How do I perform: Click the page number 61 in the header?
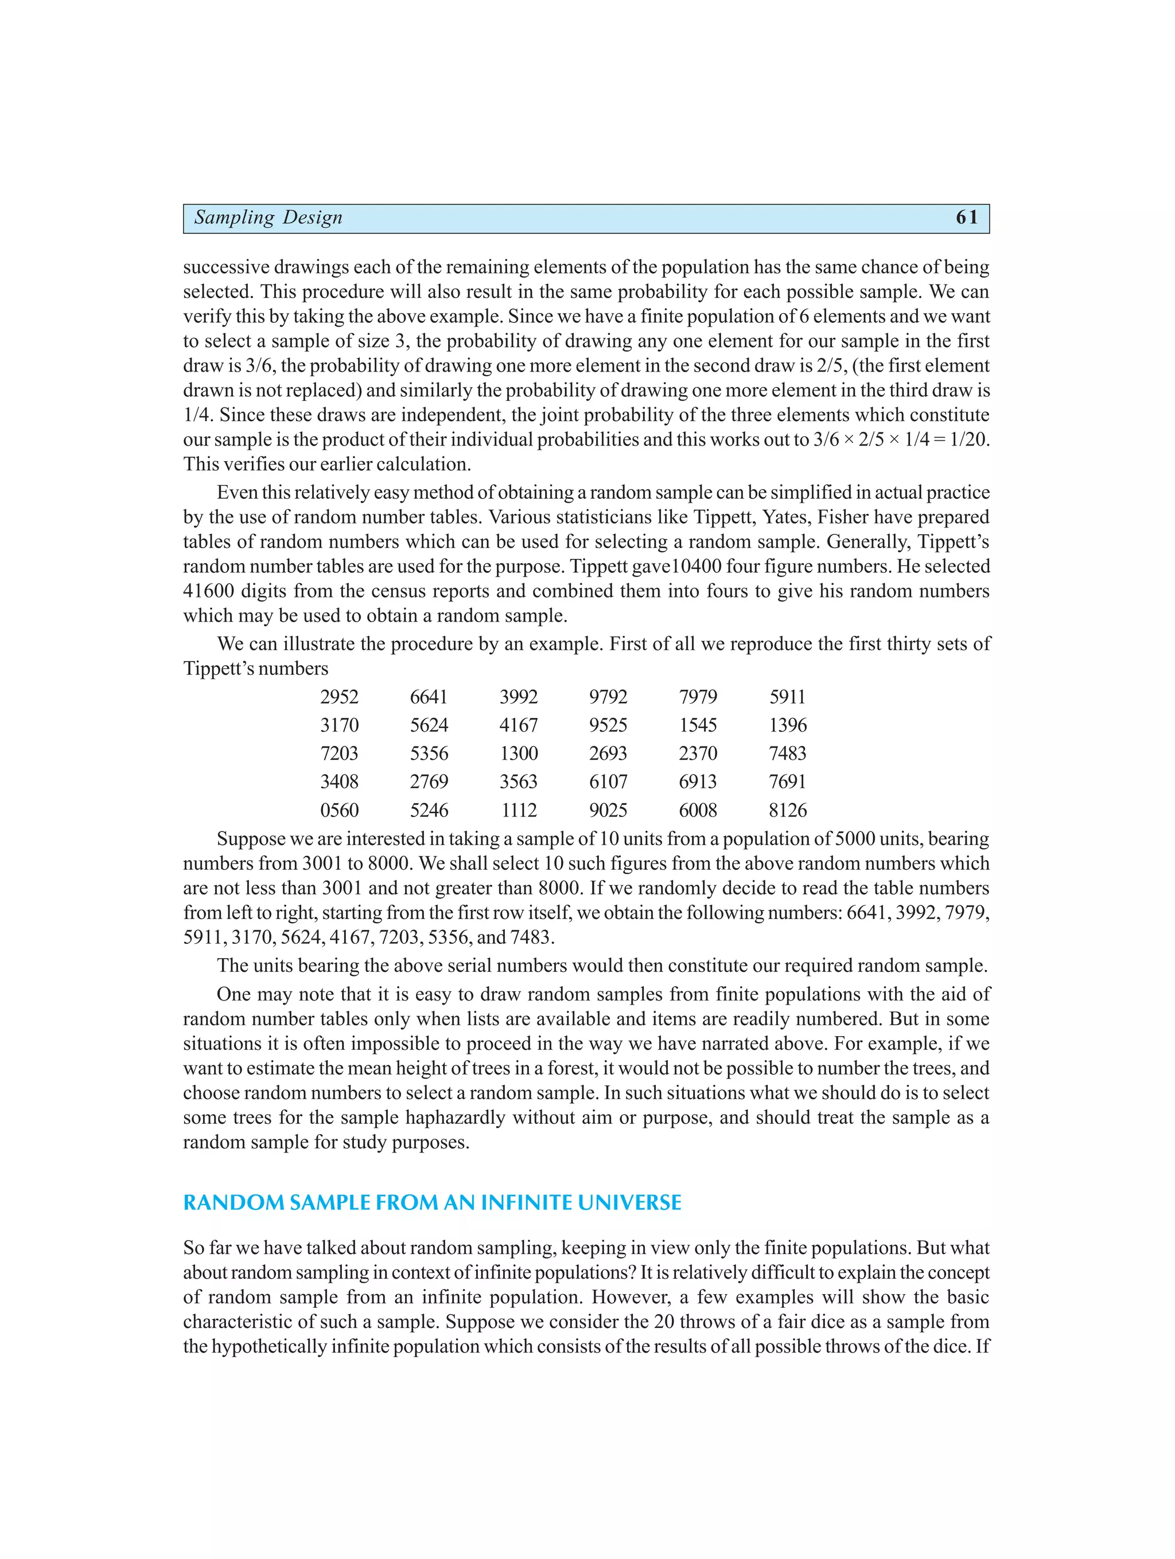966,218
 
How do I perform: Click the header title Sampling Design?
268,218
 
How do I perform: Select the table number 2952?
339,697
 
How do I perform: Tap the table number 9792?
608,697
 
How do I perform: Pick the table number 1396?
787,725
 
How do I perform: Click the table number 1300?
519,753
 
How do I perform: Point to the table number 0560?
339,811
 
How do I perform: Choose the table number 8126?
787,811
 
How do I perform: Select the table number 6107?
608,782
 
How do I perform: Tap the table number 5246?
429,811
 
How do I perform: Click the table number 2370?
698,753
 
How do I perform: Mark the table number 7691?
787,782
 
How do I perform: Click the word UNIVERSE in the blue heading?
629,1203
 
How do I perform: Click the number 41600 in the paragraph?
209,591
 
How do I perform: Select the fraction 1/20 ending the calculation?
969,440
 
